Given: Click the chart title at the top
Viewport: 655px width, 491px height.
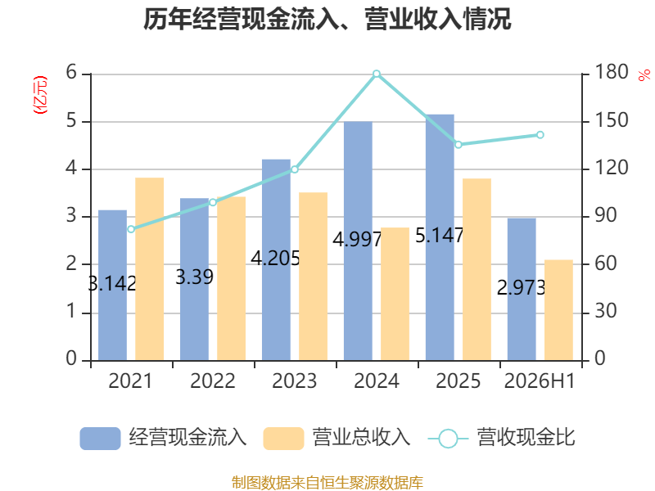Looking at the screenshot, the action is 327,19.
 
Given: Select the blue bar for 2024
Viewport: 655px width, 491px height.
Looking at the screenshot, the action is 358,241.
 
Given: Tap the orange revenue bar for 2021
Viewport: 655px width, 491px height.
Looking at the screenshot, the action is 150,269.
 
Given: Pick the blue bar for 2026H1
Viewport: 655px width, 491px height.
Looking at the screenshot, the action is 522,290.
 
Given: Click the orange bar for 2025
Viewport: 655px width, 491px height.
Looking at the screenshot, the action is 477,269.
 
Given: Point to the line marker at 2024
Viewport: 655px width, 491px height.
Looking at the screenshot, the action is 377,74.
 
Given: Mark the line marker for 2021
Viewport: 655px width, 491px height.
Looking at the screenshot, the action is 131,229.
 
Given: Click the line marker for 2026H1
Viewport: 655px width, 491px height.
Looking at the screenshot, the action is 540,135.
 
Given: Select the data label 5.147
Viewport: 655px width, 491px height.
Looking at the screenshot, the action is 440,236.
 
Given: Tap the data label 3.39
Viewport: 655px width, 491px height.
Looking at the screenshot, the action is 194,277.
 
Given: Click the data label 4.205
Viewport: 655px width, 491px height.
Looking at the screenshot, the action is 275,258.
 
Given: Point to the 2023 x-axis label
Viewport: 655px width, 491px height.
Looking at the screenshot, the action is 295,381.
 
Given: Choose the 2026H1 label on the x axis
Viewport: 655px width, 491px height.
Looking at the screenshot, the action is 540,381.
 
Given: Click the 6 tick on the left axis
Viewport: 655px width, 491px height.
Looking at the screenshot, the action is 71,73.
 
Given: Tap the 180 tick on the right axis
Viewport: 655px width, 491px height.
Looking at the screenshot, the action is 611,72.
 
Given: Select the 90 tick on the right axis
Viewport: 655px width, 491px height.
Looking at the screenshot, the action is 605,215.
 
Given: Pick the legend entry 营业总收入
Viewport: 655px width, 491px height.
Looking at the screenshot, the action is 337,438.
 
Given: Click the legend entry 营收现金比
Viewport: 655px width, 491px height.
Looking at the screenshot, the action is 502,438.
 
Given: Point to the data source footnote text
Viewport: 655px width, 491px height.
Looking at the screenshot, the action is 327,483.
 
